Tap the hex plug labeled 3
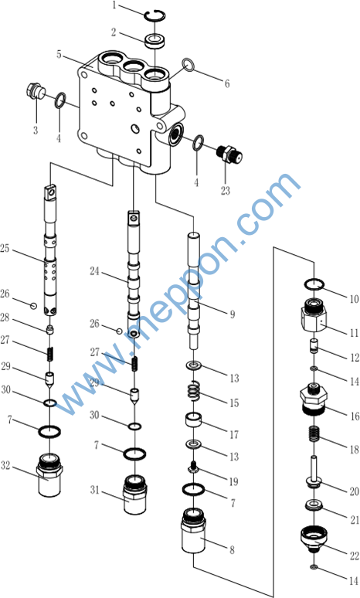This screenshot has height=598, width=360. point(36,91)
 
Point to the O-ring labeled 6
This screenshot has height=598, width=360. point(188,65)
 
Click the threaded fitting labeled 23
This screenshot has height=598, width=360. point(229,155)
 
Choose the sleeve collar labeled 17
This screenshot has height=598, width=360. point(193,420)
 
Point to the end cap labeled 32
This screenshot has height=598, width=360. point(50,475)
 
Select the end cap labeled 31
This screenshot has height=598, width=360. point(134,494)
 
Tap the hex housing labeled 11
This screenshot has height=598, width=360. point(314,316)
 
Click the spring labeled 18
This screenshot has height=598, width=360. point(314,433)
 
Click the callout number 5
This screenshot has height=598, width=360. point(59,54)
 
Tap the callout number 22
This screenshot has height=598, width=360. point(355,556)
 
